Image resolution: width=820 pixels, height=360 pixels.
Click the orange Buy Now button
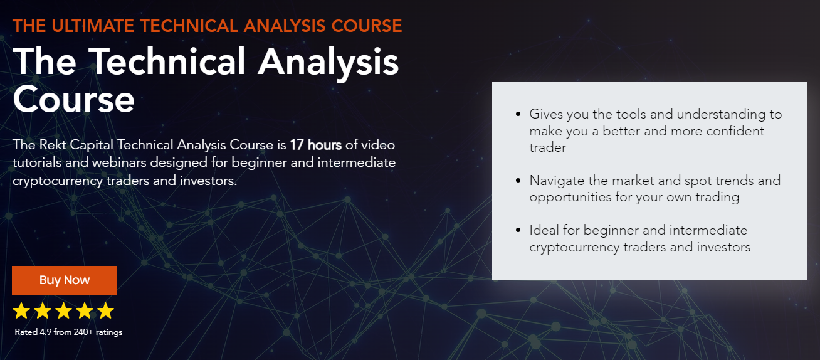[65, 280]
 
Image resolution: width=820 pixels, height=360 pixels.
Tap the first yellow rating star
[21, 310]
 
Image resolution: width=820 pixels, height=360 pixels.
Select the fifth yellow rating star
[106, 310]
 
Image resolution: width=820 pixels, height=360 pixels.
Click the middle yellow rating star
[64, 310]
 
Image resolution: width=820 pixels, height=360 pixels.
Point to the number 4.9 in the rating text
[45, 332]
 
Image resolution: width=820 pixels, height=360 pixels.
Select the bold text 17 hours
[316, 145]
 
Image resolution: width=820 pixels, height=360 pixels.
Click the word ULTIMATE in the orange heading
[93, 26]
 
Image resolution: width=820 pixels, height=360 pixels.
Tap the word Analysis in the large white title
[329, 62]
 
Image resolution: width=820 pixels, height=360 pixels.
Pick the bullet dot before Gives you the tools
[518, 114]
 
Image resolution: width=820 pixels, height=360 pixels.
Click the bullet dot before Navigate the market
[518, 181]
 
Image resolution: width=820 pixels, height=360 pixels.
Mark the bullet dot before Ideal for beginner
[518, 230]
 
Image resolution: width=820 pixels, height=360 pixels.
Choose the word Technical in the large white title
[167, 61]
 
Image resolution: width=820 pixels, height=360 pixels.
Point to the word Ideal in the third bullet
[544, 230]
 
